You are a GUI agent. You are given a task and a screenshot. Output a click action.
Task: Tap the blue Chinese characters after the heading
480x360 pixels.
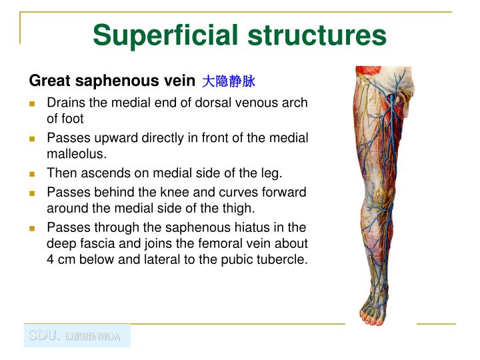pyautogui.click(x=229, y=81)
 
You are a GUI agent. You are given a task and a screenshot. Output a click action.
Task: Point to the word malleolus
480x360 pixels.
pyautogui.click(x=76, y=154)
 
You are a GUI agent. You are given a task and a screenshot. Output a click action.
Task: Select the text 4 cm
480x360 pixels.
pyautogui.click(x=61, y=259)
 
